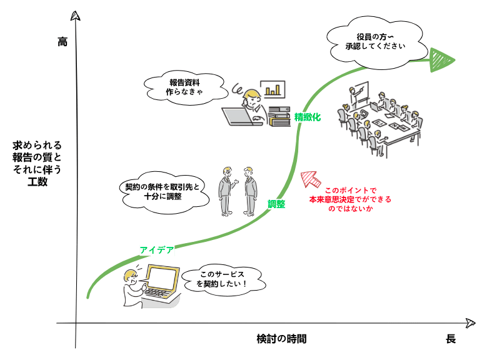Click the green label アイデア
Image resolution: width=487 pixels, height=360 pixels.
(156, 250)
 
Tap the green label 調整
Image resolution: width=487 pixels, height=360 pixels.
(276, 204)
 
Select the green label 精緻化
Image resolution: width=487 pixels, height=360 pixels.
(307, 117)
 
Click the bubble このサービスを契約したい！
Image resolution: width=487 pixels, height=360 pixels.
(222, 279)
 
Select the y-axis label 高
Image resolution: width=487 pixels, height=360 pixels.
(62, 41)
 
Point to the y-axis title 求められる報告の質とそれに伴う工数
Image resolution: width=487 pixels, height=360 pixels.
(37, 163)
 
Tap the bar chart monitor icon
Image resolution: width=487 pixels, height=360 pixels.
(273, 89)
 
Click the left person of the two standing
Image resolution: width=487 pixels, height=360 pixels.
(226, 191)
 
